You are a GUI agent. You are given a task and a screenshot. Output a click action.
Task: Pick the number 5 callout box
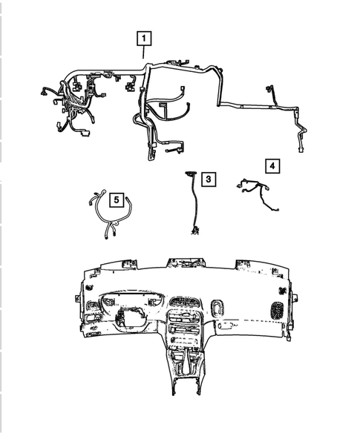116,199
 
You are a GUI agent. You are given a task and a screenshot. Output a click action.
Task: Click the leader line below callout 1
144,53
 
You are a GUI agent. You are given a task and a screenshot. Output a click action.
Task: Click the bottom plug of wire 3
195,232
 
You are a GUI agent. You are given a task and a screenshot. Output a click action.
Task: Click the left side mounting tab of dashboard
79,297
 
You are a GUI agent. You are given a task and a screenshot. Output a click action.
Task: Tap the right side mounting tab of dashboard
294,297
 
